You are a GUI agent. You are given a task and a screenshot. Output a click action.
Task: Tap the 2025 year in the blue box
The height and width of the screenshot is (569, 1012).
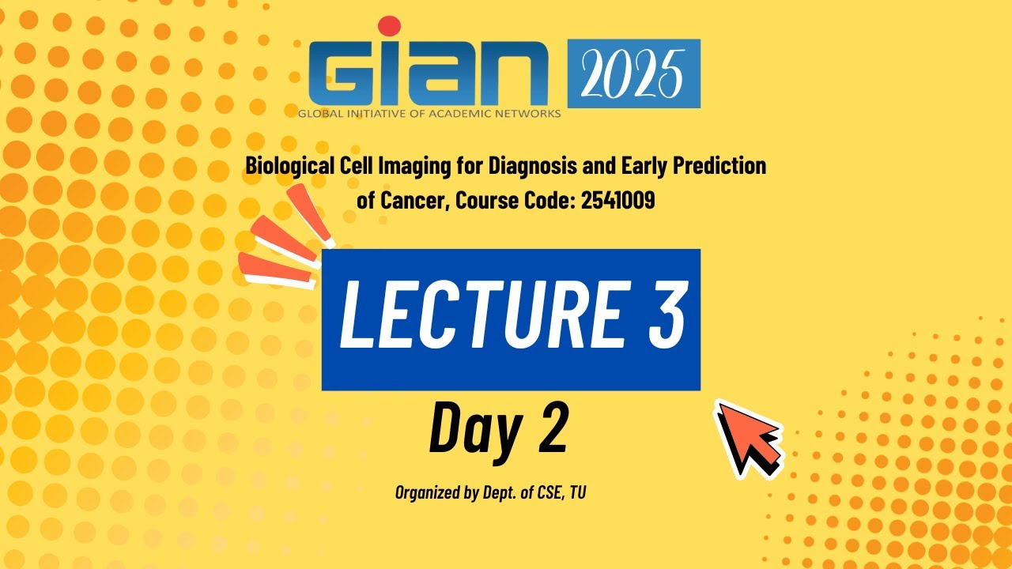633,73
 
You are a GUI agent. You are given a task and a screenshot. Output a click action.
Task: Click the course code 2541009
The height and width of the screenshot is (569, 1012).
617,201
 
